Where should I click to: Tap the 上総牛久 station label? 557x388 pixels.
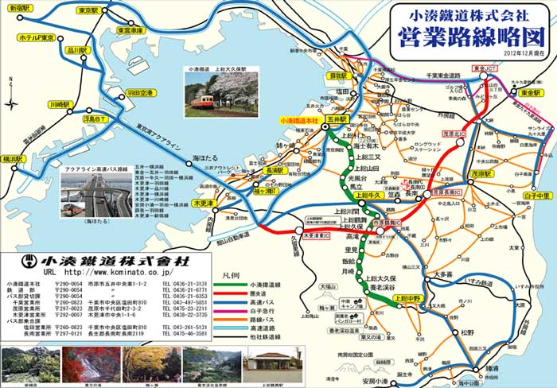point(368,195)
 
